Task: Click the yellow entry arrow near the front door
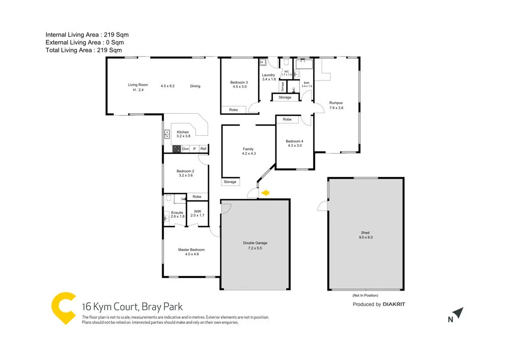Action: [x=265, y=193]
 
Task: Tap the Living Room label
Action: [x=138, y=85]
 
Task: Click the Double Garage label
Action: [x=255, y=243]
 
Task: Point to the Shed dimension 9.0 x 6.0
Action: [x=365, y=237]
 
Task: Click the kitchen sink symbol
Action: [x=167, y=135]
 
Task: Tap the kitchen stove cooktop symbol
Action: [x=177, y=149]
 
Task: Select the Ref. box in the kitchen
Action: [x=203, y=149]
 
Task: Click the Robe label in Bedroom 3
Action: [x=233, y=110]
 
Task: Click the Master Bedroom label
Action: [x=191, y=249]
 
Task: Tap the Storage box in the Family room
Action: [x=230, y=182]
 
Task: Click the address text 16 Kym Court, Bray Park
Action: [x=132, y=307]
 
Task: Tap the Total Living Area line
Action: [x=84, y=50]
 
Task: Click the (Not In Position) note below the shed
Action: [x=365, y=295]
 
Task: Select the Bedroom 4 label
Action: [x=294, y=141]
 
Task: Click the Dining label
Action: [x=195, y=86]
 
